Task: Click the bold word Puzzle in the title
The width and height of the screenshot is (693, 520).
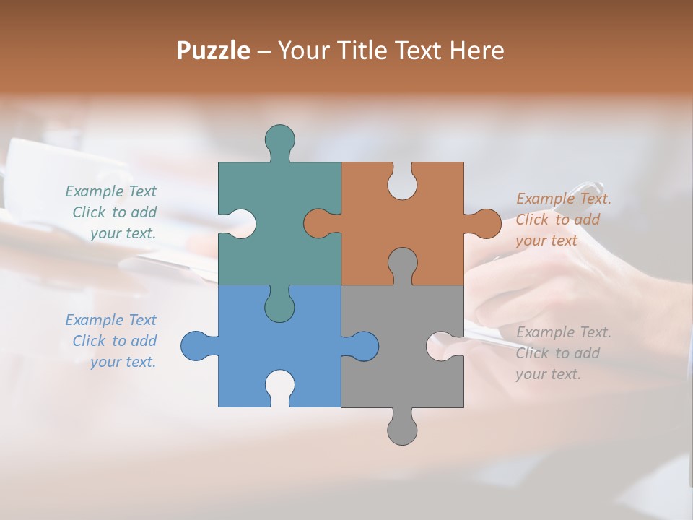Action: point(213,51)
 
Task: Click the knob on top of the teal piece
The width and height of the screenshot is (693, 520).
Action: point(279,139)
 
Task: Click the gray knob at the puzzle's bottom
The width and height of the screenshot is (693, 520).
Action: point(402,430)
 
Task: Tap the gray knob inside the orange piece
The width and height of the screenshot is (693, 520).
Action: point(402,264)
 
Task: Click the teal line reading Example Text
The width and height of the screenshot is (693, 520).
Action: point(110,191)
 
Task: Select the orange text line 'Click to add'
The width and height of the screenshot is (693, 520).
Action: point(557,220)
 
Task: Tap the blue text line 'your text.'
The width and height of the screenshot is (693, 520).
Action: point(123,362)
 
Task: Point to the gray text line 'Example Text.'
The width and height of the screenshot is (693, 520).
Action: point(563,332)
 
